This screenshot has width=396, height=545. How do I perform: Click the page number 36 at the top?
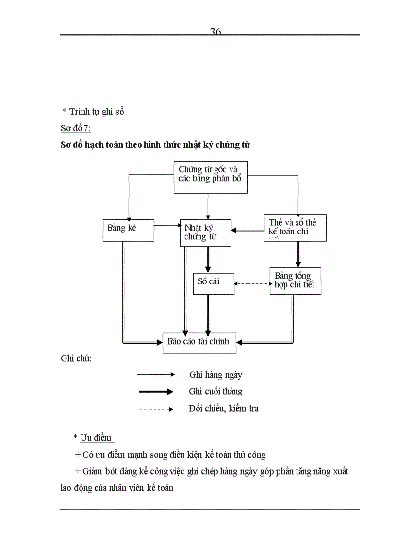pyautogui.click(x=215, y=32)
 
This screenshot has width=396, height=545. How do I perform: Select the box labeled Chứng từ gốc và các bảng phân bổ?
pyautogui.click(x=210, y=177)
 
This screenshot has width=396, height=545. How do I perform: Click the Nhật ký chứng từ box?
pyautogui.click(x=205, y=232)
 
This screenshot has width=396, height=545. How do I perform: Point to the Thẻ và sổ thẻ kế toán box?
pyautogui.click(x=295, y=228)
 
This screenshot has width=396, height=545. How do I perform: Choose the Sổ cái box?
pyautogui.click(x=214, y=283)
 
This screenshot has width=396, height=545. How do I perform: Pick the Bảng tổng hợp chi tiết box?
pyautogui.click(x=295, y=281)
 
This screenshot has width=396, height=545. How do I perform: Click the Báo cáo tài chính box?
pyautogui.click(x=199, y=342)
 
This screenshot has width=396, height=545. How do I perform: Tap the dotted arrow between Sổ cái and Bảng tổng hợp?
pyautogui.click(x=252, y=283)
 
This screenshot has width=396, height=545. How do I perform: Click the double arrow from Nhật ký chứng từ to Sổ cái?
pyautogui.click(x=208, y=259)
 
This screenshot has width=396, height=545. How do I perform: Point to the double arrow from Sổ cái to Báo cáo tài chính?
pyautogui.click(x=208, y=314)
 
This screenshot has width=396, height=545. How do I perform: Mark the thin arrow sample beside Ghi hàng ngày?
pyautogui.click(x=156, y=375)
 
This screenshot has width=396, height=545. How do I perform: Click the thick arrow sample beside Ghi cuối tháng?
pyautogui.click(x=156, y=392)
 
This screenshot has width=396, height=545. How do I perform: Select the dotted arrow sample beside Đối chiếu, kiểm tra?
pyautogui.click(x=156, y=409)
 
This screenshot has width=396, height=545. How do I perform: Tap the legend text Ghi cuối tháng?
pyautogui.click(x=215, y=391)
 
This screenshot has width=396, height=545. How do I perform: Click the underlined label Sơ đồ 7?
pyautogui.click(x=76, y=129)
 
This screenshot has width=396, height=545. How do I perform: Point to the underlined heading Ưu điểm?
pyautogui.click(x=97, y=437)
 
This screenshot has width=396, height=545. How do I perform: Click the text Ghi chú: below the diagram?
pyautogui.click(x=76, y=359)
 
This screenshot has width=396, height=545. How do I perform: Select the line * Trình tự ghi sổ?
pyautogui.click(x=93, y=112)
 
